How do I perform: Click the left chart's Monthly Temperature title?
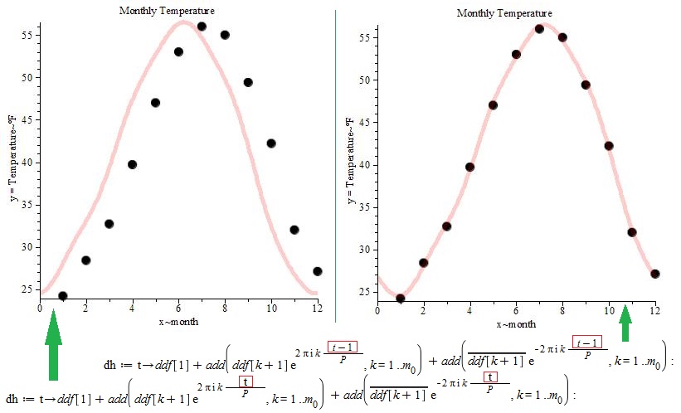(x=167, y=11)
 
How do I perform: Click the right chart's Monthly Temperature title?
(x=503, y=13)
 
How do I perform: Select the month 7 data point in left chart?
(x=202, y=27)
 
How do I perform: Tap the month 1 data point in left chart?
(x=63, y=296)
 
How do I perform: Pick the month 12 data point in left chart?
(x=317, y=271)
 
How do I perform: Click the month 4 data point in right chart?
(x=469, y=167)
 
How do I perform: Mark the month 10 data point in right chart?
(x=608, y=146)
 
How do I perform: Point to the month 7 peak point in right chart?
(x=539, y=29)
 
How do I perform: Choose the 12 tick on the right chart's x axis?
(x=654, y=310)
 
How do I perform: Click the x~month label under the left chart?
(x=178, y=321)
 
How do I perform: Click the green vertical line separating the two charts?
(x=336, y=166)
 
